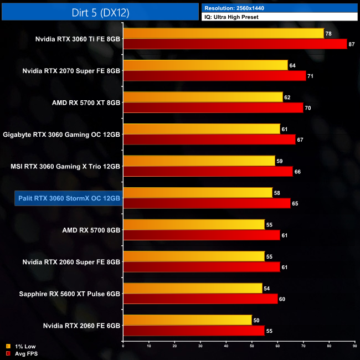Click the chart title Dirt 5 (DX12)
click(100, 12)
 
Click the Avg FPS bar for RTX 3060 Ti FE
click(235, 44)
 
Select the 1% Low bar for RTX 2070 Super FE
click(205, 65)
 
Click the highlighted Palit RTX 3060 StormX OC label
click(69, 198)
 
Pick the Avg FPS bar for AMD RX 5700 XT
click(213, 107)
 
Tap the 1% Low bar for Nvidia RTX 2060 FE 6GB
click(187, 320)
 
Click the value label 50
click(256, 320)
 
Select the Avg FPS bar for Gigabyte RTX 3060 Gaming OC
click(209, 140)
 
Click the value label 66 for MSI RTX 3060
click(297, 172)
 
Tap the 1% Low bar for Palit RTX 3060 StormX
click(198, 193)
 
